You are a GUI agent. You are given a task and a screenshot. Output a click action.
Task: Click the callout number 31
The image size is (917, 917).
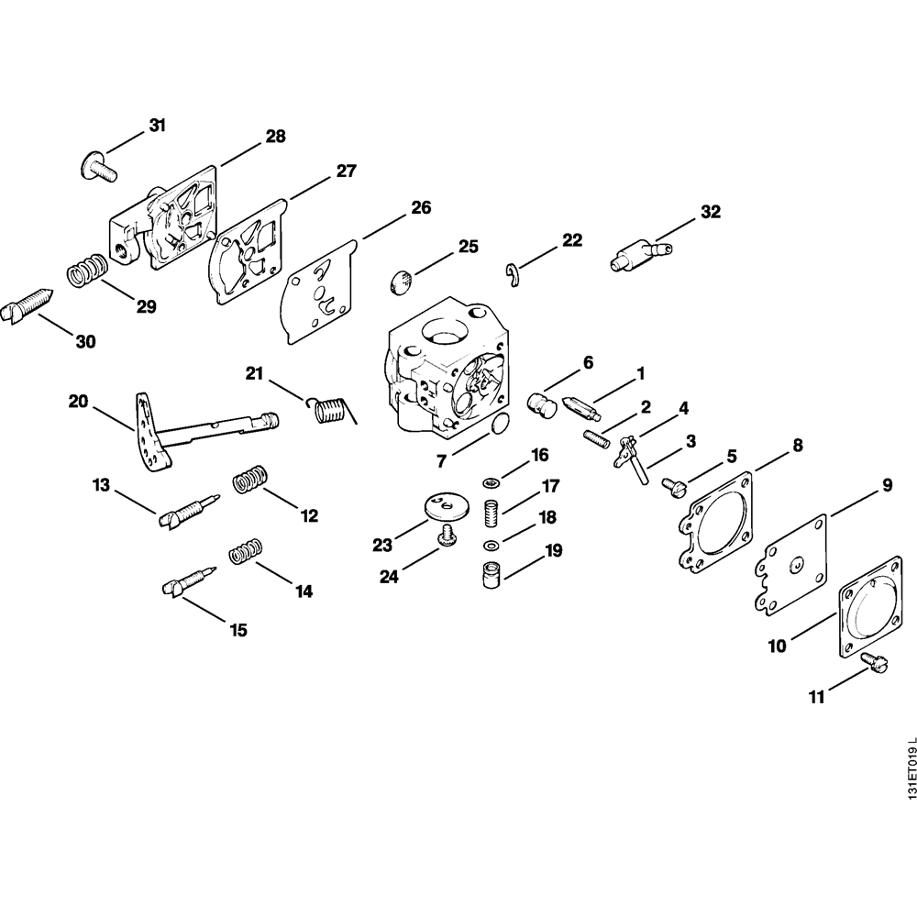(x=158, y=127)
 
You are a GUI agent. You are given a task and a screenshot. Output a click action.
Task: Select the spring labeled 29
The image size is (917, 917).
(x=88, y=270)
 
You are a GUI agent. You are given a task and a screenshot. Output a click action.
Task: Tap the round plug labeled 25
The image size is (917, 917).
(x=401, y=282)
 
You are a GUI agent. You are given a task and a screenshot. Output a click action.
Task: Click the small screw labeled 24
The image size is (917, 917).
(x=448, y=536)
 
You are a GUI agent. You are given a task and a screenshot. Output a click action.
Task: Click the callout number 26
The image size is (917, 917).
(x=420, y=207)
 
